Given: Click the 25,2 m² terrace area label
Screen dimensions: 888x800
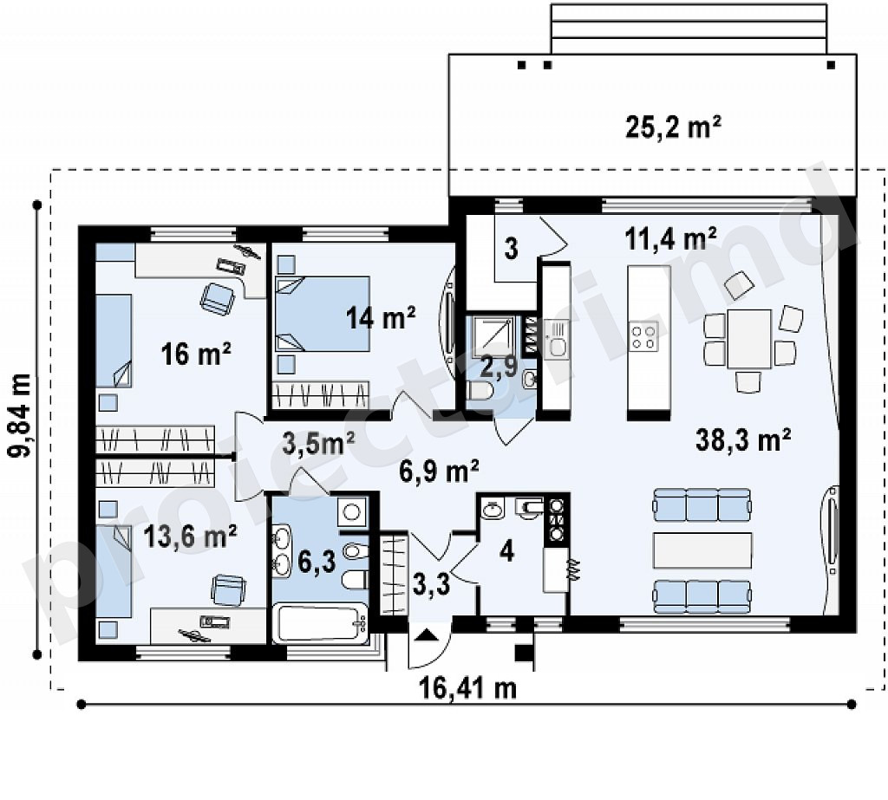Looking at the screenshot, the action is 673,127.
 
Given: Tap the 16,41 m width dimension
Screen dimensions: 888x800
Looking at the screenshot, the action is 467,688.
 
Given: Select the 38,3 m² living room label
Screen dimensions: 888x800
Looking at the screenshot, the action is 743,439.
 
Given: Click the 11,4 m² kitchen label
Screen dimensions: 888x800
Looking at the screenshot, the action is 671,238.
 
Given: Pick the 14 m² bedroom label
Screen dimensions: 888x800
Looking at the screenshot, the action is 381,317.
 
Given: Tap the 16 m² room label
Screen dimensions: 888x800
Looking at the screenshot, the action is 195,354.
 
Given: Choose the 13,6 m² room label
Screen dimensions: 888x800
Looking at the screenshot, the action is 190,536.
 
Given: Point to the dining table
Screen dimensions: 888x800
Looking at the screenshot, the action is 749,339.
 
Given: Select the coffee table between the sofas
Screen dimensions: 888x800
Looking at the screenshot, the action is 702,550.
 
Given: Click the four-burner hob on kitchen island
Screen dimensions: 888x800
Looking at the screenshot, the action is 644,337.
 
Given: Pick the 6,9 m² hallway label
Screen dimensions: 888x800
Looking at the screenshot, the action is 439,471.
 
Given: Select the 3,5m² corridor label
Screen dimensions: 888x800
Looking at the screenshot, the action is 318,443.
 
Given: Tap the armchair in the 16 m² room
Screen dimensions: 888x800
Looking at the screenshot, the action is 217,298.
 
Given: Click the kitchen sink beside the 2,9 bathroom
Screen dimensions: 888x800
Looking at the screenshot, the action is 557,337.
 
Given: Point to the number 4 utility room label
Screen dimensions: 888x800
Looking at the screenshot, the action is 506,551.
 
